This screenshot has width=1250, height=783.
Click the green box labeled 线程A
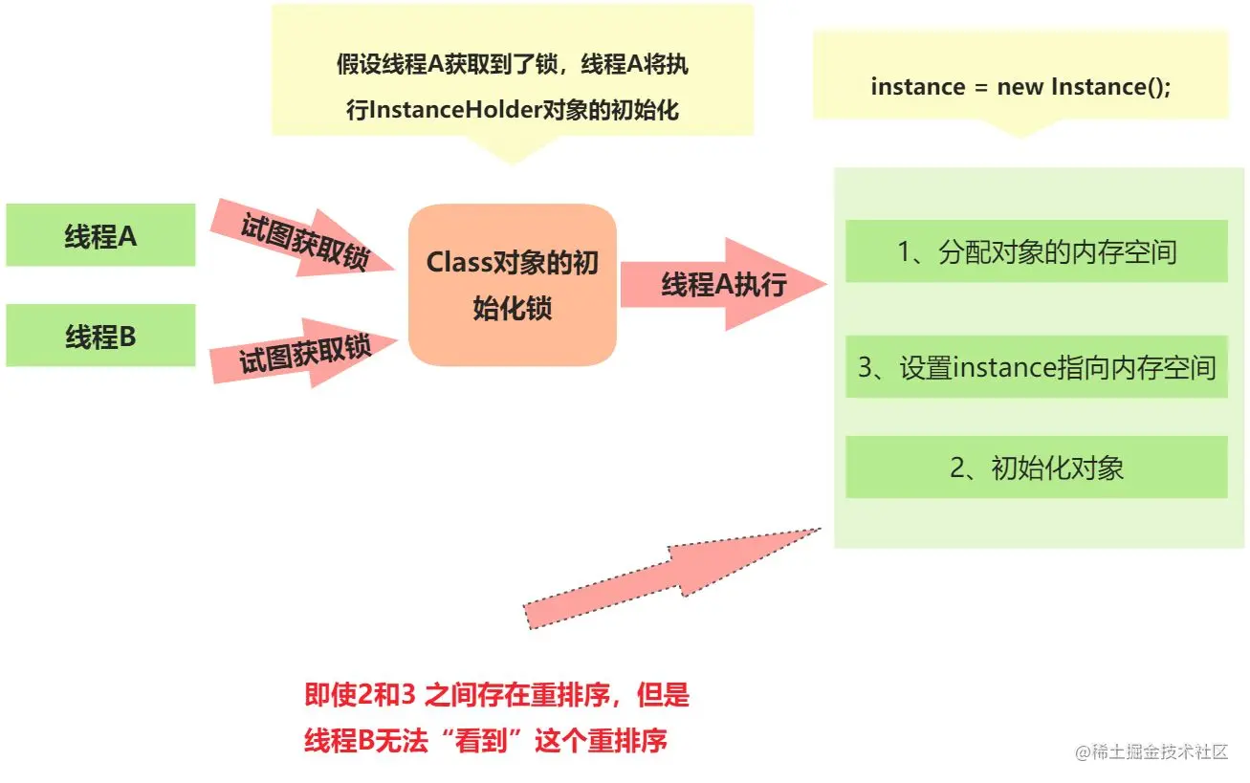(x=100, y=235)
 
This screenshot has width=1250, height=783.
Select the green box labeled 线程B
(x=100, y=336)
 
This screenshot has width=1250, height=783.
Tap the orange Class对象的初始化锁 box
(x=513, y=285)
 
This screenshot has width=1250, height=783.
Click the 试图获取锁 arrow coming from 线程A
(x=301, y=239)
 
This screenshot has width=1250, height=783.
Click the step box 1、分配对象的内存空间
(x=1036, y=251)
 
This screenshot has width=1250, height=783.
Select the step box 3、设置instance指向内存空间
(x=1036, y=367)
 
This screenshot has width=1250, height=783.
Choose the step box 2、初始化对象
(x=1036, y=468)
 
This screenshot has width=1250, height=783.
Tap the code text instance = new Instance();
(x=1020, y=86)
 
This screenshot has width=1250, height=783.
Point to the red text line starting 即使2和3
(x=496, y=695)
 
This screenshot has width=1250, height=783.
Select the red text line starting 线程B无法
(x=485, y=740)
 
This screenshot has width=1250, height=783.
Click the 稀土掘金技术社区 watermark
(x=1151, y=751)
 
